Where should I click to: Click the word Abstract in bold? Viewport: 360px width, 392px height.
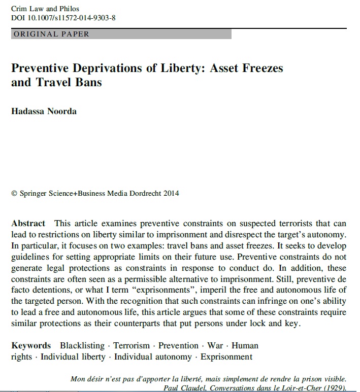(x=28, y=223)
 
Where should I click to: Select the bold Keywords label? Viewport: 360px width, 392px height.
(x=31, y=345)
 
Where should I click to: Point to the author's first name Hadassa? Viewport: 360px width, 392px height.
(x=27, y=112)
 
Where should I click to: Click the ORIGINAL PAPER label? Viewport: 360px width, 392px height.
(x=51, y=34)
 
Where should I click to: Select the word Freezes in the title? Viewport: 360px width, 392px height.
(x=258, y=68)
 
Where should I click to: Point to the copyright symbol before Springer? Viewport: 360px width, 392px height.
(x=14, y=193)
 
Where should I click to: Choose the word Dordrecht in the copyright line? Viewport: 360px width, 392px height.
(x=144, y=193)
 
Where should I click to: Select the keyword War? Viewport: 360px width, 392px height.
(x=215, y=345)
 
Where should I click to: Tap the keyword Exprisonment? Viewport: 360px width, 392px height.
(x=226, y=357)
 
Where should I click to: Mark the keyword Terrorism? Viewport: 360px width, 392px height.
(x=132, y=345)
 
